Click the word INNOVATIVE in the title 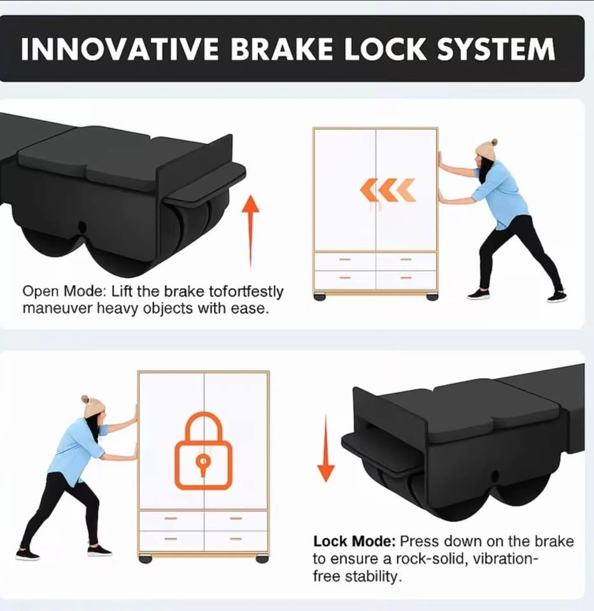(x=120, y=49)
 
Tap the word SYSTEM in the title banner (x=496, y=49)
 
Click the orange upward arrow (x=251, y=232)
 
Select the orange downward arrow (x=326, y=447)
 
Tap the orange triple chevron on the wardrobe (x=388, y=190)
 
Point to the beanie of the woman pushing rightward (x=93, y=407)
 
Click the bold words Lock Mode (x=354, y=541)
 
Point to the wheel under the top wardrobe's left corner (x=320, y=297)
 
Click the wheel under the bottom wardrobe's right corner (x=262, y=559)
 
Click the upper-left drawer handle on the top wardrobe (x=344, y=259)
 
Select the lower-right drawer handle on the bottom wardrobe (x=236, y=539)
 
